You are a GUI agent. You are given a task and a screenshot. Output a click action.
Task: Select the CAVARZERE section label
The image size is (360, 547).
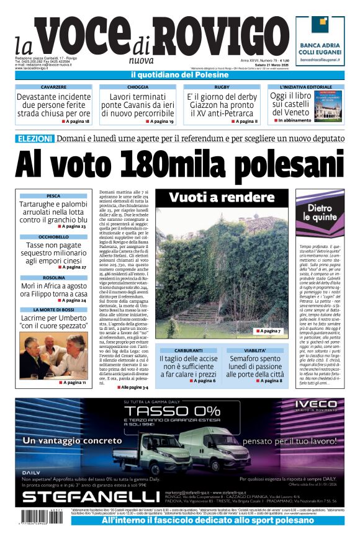pyautogui.click(x=53, y=87)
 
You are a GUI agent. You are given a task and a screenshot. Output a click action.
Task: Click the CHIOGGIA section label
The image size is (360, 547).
pyautogui.click(x=137, y=87)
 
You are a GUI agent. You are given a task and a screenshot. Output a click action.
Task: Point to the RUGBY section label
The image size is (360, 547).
pyautogui.click(x=222, y=87)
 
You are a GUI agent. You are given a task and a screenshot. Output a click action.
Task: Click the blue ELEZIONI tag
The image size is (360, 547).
pyautogui.click(x=34, y=138)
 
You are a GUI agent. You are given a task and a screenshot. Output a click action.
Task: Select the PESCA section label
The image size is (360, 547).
pyautogui.click(x=53, y=196)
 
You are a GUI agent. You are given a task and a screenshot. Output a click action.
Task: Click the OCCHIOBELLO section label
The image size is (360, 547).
pyautogui.click(x=53, y=237)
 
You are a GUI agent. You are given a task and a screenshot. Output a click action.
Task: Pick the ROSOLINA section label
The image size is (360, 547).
pyautogui.click(x=53, y=278)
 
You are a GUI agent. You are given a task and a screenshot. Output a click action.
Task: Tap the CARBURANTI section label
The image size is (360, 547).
pyautogui.click(x=188, y=350)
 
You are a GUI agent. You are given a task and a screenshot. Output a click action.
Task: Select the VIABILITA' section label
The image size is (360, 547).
pyautogui.click(x=254, y=350)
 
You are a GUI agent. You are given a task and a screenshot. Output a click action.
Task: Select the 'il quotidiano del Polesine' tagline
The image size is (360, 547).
pyautogui.click(x=180, y=75)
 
